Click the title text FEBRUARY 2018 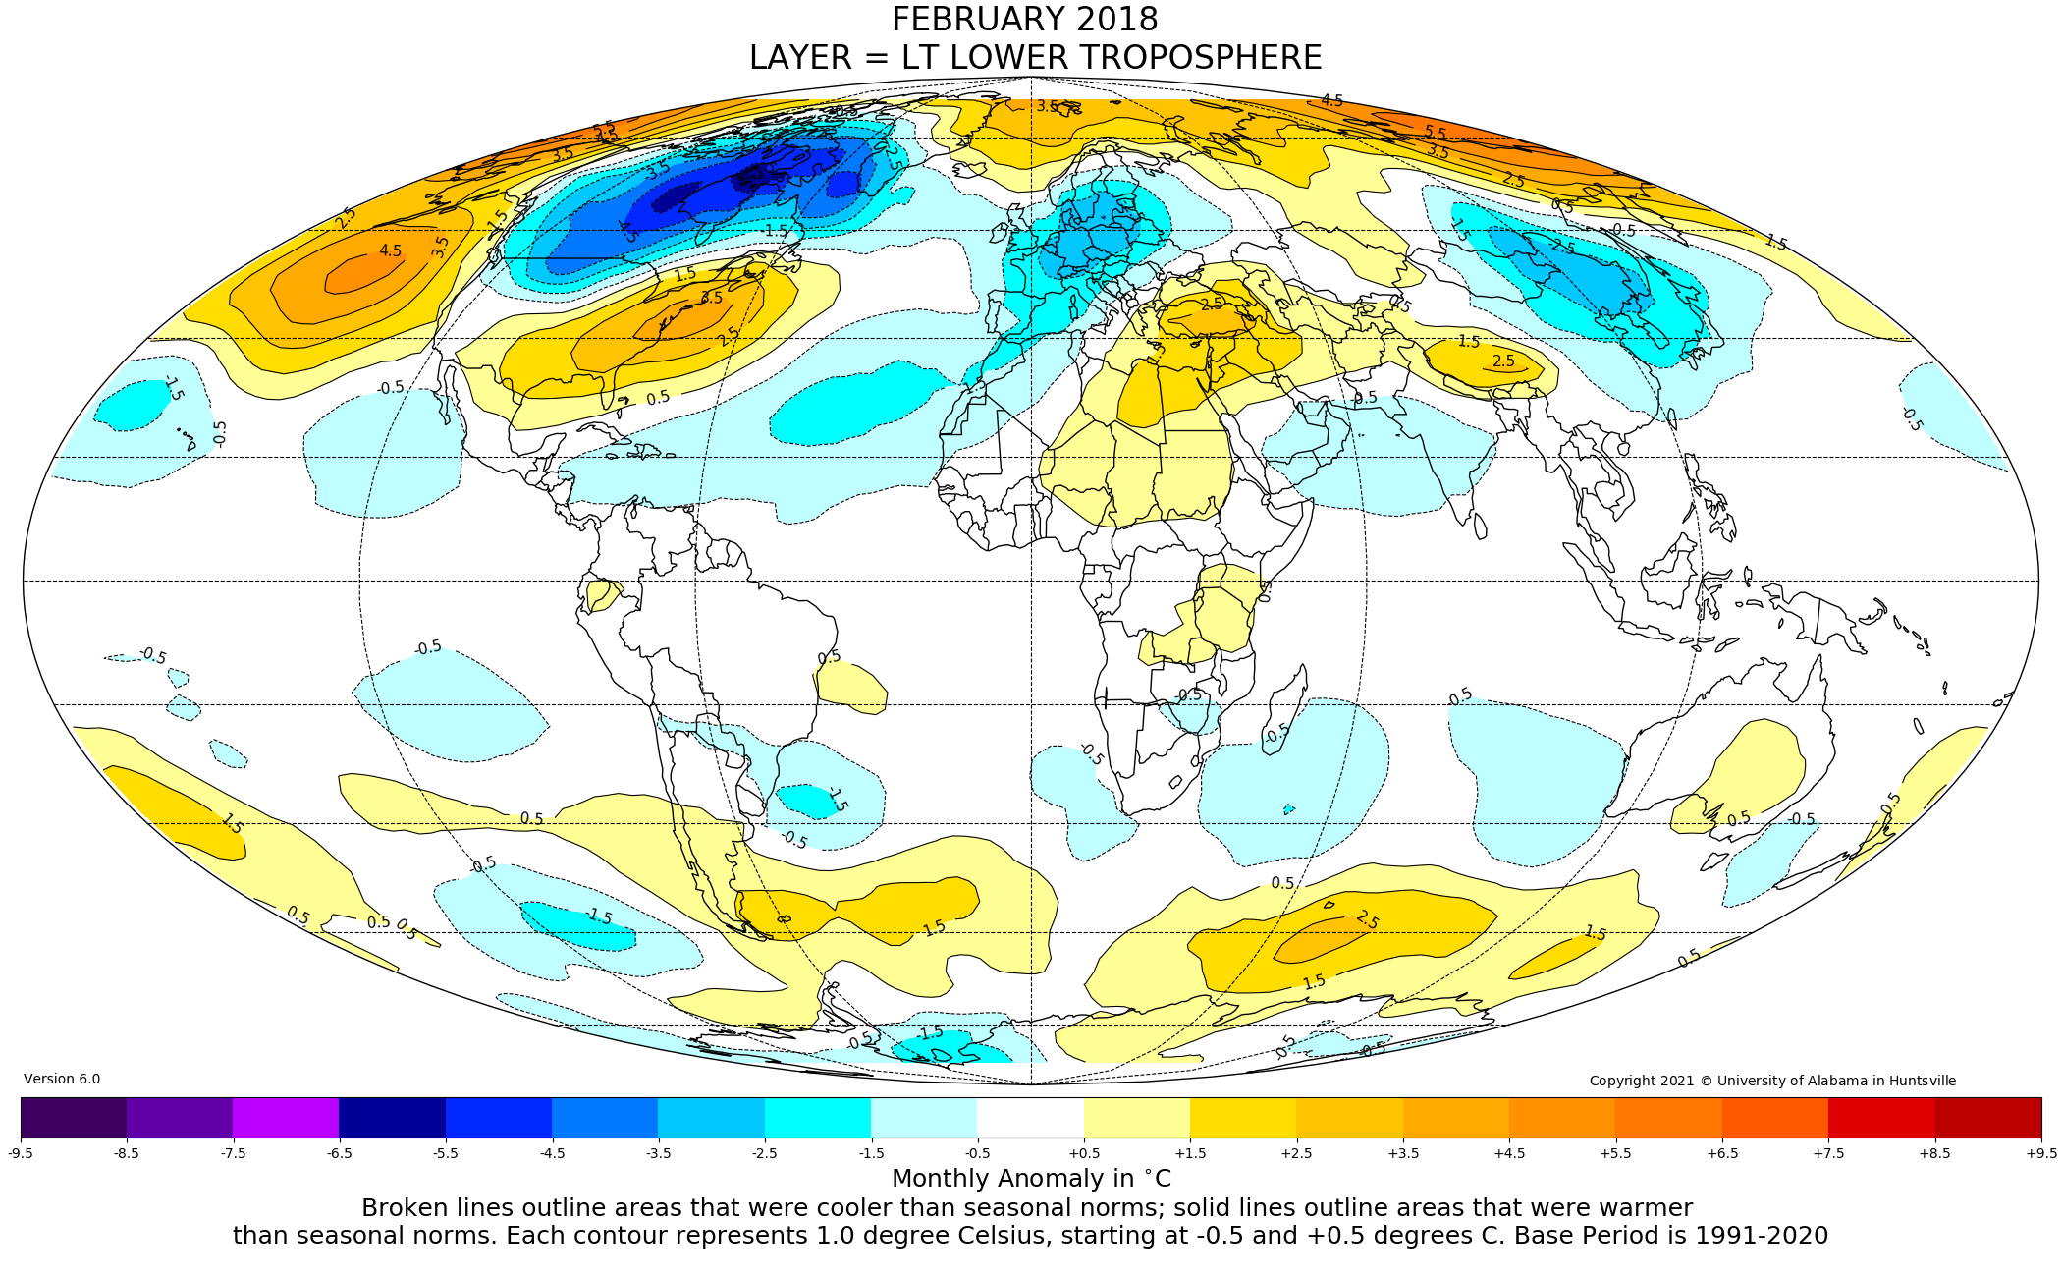1024,20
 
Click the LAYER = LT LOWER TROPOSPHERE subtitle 1035,58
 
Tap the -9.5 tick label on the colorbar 21,1153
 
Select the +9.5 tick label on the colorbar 2040,1153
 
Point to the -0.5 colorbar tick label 977,1153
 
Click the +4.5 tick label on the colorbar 1509,1153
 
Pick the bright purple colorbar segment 286,1117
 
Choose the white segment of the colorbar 1030,1117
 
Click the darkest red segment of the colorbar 1987,1117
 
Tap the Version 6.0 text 62,1079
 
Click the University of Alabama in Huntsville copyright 1772,1081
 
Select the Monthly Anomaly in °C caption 1031,1179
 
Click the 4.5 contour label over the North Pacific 391,251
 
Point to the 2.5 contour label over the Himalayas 1503,361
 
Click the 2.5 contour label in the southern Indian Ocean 1367,920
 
